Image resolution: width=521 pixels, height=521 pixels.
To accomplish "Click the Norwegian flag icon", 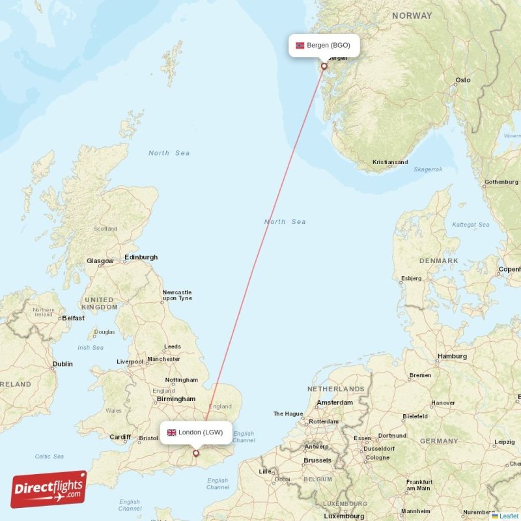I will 300,46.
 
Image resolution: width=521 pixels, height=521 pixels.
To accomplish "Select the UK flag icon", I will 172,432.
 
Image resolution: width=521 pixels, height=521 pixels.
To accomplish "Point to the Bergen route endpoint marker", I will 324,66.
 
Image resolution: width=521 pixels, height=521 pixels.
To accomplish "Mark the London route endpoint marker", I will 195,453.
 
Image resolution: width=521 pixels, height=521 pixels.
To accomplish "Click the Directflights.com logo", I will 49,489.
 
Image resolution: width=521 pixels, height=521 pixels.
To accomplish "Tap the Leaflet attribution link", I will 509,516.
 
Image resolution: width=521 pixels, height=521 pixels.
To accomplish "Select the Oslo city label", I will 462,80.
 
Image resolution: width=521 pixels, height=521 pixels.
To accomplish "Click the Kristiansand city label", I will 390,162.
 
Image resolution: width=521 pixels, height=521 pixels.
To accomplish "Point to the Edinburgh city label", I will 141,257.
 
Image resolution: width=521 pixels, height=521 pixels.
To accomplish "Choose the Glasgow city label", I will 100,261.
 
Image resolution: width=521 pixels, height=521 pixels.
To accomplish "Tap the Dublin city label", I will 63,364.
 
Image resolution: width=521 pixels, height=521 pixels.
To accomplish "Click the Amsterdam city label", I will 334,402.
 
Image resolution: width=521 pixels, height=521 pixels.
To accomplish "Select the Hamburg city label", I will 452,356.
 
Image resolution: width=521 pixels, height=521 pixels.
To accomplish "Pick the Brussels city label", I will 318,460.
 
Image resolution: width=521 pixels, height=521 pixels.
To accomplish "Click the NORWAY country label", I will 412,16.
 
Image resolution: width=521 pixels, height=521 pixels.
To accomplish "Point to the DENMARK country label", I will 438,260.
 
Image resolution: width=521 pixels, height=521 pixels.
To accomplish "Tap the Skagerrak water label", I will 428,169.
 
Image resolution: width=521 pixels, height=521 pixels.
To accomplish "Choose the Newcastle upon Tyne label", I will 177,295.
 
